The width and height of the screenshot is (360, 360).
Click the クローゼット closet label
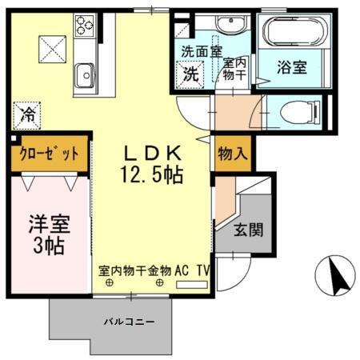coord(45,154)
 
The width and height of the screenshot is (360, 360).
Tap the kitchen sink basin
coord(84,77)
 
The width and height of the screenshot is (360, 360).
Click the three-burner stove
coord(84,26)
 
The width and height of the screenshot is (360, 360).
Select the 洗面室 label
coord(196,53)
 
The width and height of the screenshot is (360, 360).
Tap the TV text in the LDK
coord(204,270)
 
